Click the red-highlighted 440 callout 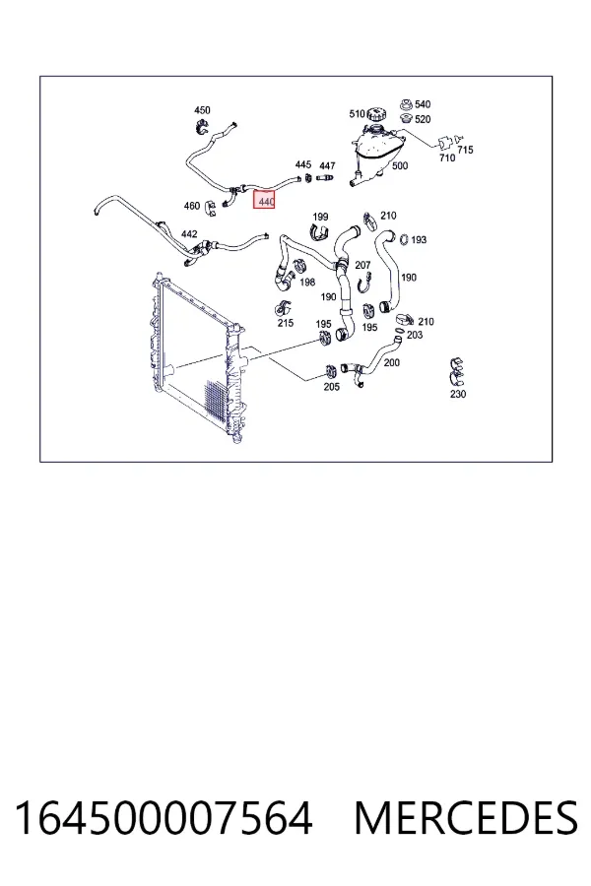pyautogui.click(x=264, y=201)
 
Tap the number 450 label pyautogui.click(x=202, y=110)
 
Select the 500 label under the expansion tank pyautogui.click(x=400, y=165)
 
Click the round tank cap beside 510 pyautogui.click(x=376, y=114)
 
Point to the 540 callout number pyautogui.click(x=423, y=104)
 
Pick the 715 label pyautogui.click(x=465, y=150)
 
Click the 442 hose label pyautogui.click(x=189, y=233)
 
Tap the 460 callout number pyautogui.click(x=192, y=206)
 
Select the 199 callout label pyautogui.click(x=320, y=217)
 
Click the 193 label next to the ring pyautogui.click(x=419, y=239)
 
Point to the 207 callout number pyautogui.click(x=362, y=265)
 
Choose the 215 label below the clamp pyautogui.click(x=286, y=323)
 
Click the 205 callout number pyautogui.click(x=331, y=387)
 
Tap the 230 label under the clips pyautogui.click(x=458, y=394)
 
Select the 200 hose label pyautogui.click(x=391, y=362)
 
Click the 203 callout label pyautogui.click(x=415, y=335)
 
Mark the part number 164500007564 pyautogui.click(x=164, y=818)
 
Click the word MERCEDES pyautogui.click(x=466, y=818)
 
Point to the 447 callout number pyautogui.click(x=327, y=165)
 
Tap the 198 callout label pyautogui.click(x=307, y=282)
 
